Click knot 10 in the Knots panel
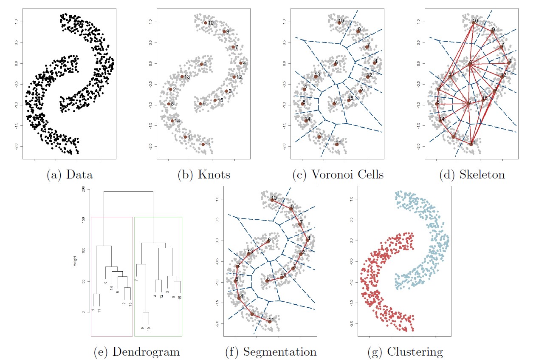pos(205,23)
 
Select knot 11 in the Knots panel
pos(203,145)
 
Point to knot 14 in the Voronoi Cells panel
pos(306,121)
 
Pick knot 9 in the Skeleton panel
pos(492,31)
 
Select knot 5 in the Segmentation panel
pos(267,281)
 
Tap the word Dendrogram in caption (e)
pos(146,352)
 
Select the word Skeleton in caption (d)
pos(482,175)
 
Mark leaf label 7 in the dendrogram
pos(136,280)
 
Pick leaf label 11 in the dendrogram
pos(99,311)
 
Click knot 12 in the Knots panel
pos(234,77)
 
